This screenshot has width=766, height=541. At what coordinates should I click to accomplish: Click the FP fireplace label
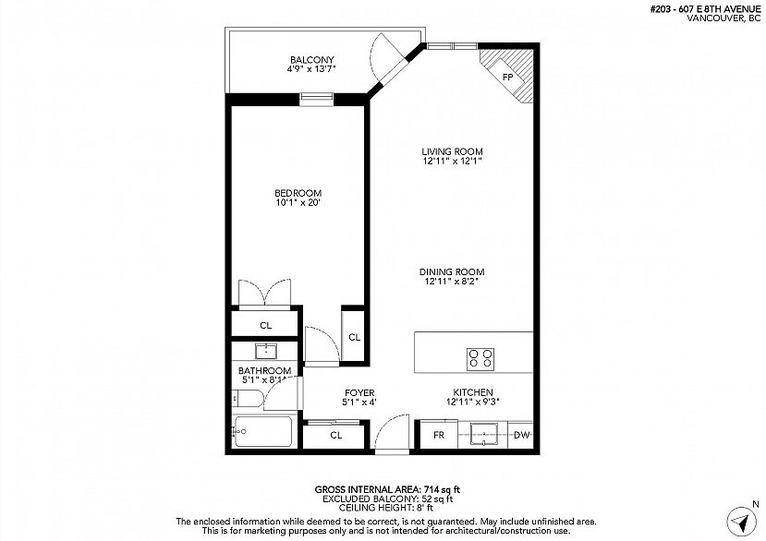click(x=507, y=77)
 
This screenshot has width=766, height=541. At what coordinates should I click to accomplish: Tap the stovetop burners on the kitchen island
click(x=480, y=359)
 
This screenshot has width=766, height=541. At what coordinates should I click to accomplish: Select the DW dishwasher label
click(x=521, y=435)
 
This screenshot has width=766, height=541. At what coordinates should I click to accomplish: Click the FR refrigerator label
click(x=439, y=435)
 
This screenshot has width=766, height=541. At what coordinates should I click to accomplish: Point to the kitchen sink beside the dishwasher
click(x=483, y=434)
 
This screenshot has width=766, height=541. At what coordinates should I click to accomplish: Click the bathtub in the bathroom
click(x=263, y=430)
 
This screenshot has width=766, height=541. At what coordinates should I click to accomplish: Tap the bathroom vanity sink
click(x=266, y=351)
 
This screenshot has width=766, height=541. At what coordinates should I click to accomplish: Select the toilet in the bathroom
click(x=248, y=400)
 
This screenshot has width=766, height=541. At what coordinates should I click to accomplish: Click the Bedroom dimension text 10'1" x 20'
click(x=298, y=201)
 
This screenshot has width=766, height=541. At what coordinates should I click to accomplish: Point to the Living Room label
click(x=452, y=151)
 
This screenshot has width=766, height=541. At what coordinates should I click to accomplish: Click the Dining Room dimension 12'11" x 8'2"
click(x=452, y=282)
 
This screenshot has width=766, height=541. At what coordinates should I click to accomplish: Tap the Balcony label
click(x=311, y=60)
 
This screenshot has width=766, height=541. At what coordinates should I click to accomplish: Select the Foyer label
click(x=359, y=392)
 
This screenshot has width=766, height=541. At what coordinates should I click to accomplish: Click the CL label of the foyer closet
click(x=335, y=435)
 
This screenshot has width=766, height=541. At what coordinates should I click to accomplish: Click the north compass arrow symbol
click(x=742, y=522)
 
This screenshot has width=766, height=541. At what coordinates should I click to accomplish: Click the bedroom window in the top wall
click(x=316, y=99)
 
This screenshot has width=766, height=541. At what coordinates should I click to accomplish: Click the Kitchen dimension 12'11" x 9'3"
click(x=473, y=402)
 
